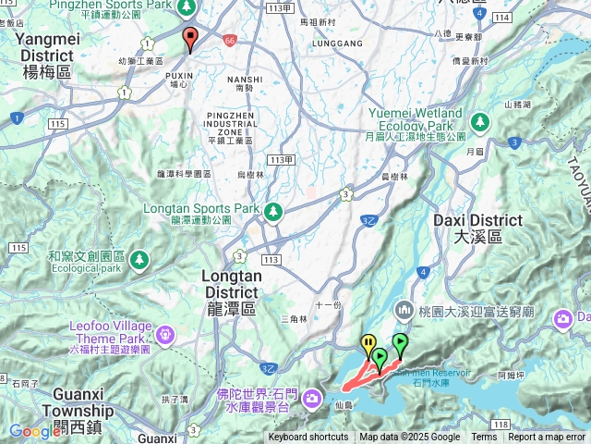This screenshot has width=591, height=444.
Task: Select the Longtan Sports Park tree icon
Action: pyautogui.click(x=273, y=212)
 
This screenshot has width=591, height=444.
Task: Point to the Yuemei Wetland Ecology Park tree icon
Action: pyautogui.click(x=479, y=121)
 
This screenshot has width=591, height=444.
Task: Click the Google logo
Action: pyautogui.click(x=35, y=431)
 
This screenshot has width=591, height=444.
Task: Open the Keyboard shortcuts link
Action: pyautogui.click(x=308, y=438)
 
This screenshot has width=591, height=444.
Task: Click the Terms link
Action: pyautogui.click(x=484, y=438)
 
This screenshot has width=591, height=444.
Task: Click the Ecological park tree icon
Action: pyautogui.click(x=139, y=258)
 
